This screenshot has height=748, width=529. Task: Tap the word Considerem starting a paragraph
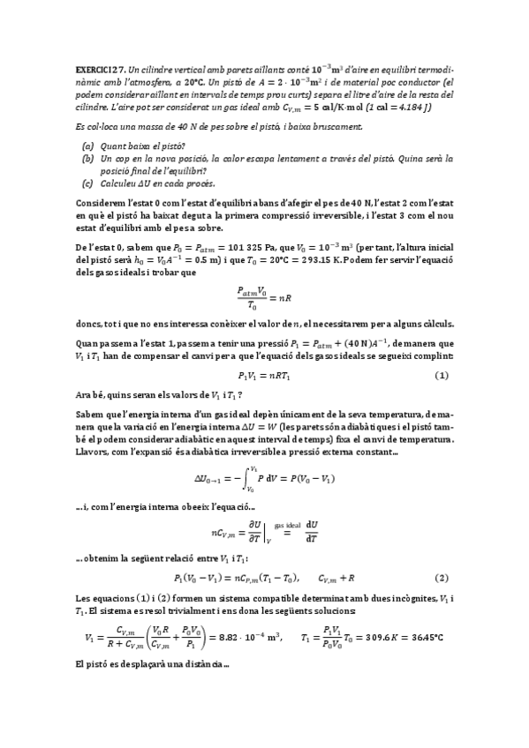pyautogui.click(x=102, y=200)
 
